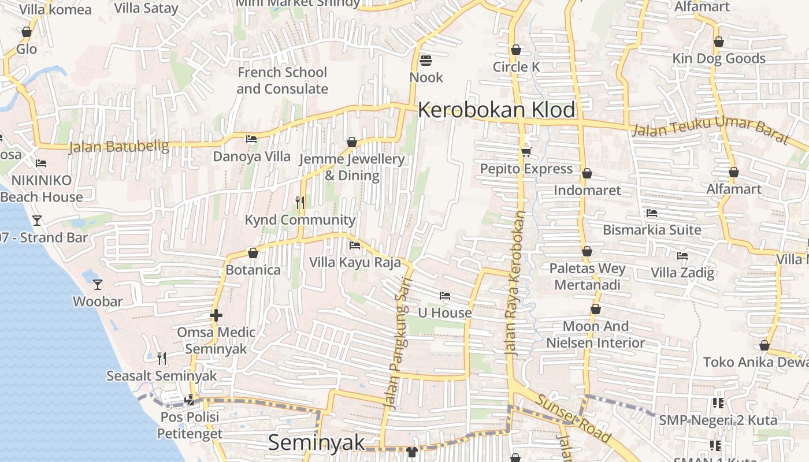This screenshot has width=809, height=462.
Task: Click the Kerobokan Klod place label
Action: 496,110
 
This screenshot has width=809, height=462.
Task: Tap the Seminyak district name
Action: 317,442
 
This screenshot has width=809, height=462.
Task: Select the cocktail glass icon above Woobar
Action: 98,284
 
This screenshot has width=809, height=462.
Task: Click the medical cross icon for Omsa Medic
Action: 216,315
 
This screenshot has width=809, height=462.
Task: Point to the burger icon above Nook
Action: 426,60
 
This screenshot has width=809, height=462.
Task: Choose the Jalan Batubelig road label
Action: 119,147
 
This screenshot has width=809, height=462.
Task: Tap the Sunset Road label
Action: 572,418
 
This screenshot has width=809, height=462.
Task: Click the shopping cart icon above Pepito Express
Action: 526,152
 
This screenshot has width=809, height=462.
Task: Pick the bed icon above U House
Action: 444,296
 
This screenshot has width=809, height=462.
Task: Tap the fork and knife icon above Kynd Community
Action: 299,202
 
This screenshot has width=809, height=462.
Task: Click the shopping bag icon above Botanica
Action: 253,253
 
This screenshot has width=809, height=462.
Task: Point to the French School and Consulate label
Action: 282,81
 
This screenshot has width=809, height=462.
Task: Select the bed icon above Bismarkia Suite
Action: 652,213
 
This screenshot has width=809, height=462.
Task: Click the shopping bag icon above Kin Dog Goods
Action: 718,42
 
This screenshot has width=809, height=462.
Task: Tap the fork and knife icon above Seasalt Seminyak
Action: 162,359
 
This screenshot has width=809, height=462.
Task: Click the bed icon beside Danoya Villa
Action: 251,139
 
